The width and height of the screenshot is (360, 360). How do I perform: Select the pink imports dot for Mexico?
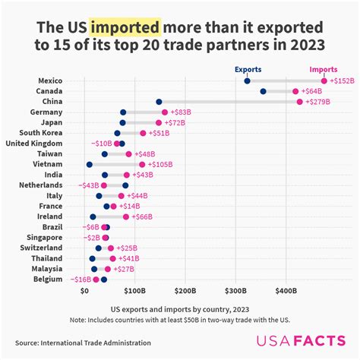coord(324,81)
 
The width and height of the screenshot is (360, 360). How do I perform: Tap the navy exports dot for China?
coord(159,102)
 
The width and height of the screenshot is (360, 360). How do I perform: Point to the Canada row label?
coord(49,91)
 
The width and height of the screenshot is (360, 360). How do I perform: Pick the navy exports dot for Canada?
coord(263,91)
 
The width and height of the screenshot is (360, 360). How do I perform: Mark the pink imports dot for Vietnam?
coord(142,164)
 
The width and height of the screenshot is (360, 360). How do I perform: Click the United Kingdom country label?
coord(33,144)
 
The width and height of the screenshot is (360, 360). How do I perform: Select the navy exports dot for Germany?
coord(123,112)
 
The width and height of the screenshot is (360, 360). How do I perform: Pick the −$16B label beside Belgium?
coord(81,279)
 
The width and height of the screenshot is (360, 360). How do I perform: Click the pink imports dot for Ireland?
coord(126,216)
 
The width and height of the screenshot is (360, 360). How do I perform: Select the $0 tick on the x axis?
coord(85,290)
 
